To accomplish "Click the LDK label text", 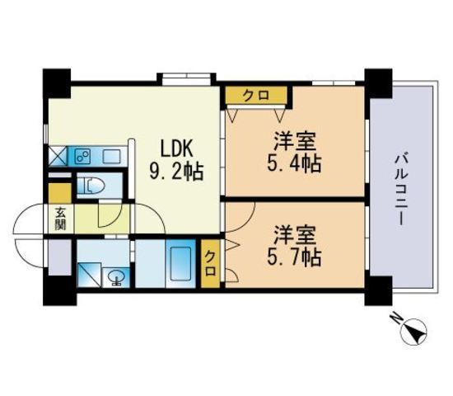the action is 176,148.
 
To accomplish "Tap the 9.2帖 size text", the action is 176,172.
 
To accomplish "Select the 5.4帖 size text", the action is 294,163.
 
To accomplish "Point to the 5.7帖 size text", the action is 294,257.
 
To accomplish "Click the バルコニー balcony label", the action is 401,189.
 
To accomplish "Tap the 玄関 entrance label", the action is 60,219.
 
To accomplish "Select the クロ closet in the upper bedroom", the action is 256,94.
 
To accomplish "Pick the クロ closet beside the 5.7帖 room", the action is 210,263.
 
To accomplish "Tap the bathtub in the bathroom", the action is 181,264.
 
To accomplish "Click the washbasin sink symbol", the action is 116,277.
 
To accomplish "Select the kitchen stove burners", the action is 82,157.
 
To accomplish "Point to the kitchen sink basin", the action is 112,157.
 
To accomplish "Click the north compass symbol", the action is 414,332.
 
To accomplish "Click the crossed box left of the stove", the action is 58,156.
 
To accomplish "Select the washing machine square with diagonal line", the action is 89,275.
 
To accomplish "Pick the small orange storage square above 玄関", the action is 60,193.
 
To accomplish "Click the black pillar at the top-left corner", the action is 57,83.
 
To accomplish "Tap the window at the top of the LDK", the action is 186,78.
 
